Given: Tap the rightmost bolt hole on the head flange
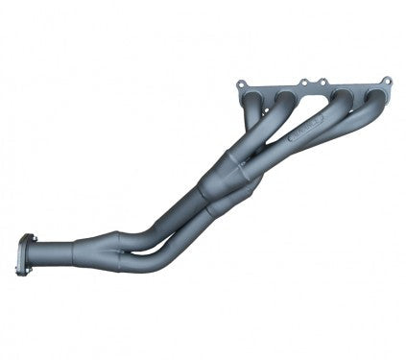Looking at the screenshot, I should [x=386, y=82].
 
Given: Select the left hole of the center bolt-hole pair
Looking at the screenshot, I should [x=301, y=84].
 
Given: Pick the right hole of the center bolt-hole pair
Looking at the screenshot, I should [x=319, y=84].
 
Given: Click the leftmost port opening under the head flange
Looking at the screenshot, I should [x=253, y=100].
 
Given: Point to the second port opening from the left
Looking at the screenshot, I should [x=284, y=99].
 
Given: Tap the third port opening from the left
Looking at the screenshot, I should [x=343, y=97].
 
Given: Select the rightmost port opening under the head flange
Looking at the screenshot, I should [x=370, y=97].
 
